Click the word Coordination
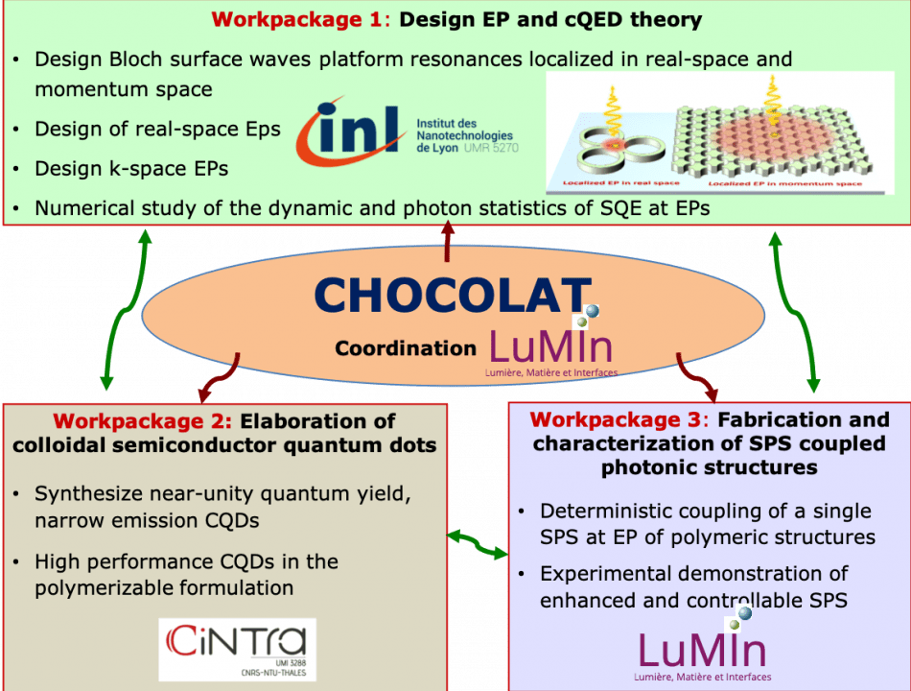point(406,349)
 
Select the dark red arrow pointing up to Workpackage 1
point(447,240)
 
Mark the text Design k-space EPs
point(131,169)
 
